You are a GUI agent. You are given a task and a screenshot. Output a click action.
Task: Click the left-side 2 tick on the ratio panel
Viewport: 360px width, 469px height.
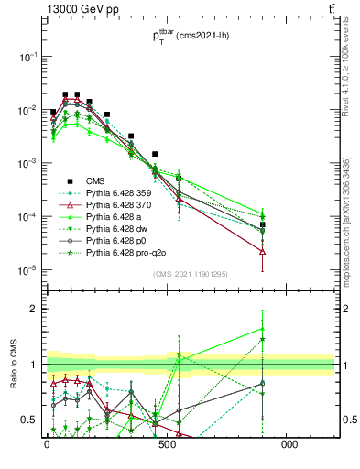[34, 309]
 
